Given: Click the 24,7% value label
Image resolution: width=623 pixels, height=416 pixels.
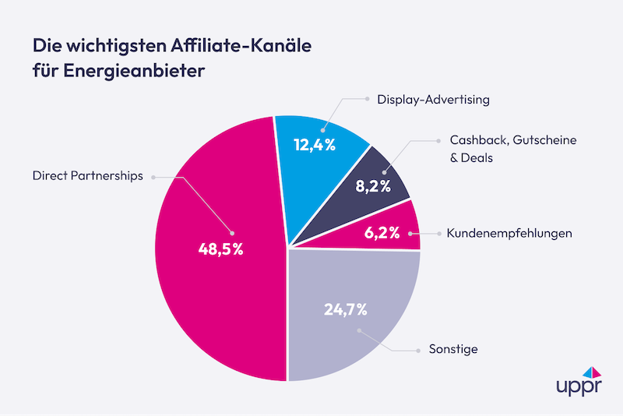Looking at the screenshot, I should (346, 308).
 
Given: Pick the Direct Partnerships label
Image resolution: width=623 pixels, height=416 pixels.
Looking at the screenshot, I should (88, 176).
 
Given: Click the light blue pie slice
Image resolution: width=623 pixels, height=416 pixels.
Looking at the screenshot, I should (319, 156).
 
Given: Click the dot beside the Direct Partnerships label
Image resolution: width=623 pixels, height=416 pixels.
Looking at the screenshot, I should (153, 177).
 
